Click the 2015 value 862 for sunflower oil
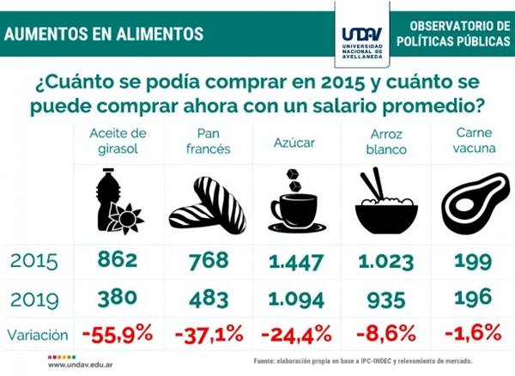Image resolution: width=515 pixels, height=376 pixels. (x=118, y=258)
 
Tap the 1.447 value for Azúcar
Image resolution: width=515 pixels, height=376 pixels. (x=297, y=258)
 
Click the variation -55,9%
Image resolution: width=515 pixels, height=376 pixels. (x=118, y=331)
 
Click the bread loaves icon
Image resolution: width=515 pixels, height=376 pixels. (x=209, y=206)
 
